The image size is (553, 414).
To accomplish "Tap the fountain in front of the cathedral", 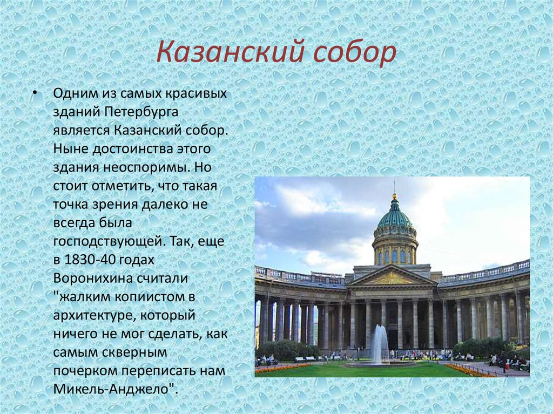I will pyautogui.click(x=380, y=345).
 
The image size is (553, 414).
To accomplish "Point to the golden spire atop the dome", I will pyautogui.click(x=395, y=193).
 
